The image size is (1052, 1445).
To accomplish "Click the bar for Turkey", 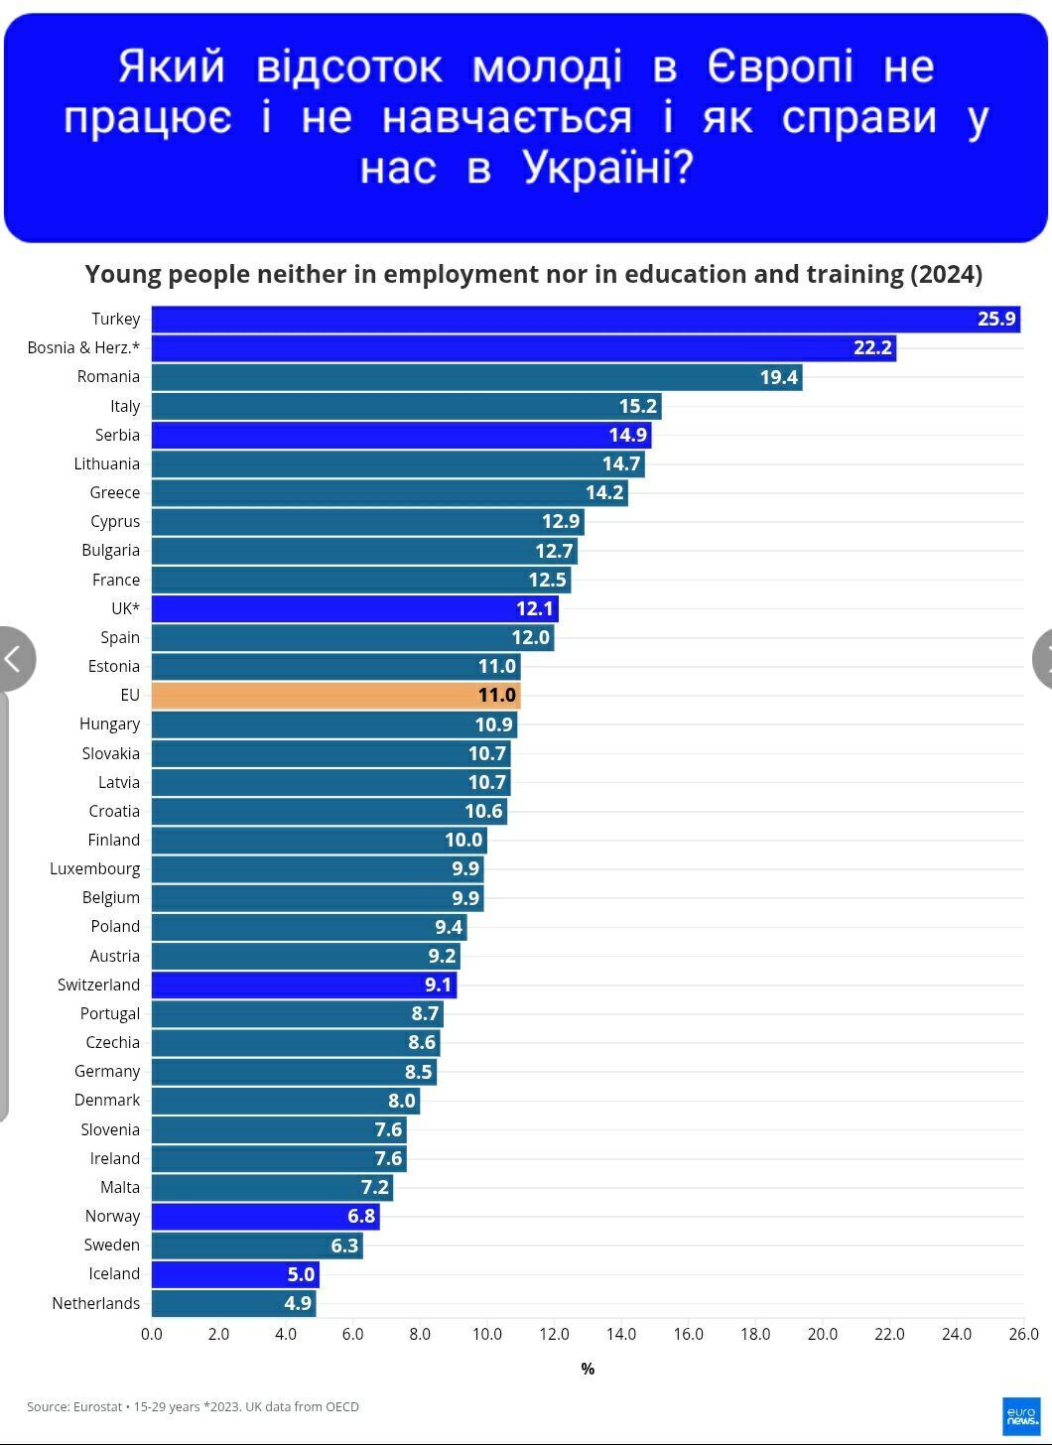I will point(586,319).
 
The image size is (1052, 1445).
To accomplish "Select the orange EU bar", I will point(335,696).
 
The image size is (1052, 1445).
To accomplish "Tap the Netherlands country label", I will point(96,1303).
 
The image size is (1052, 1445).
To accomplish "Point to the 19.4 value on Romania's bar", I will point(779,377).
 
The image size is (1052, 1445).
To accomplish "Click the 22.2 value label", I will point(872,347).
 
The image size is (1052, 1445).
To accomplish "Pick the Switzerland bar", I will point(304,985).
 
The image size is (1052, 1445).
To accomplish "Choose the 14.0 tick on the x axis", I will point(621,1334).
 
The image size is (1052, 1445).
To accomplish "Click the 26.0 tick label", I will point(1023,1334).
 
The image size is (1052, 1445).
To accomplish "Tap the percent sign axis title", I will point(588,1369).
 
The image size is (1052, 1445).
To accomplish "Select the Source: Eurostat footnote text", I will point(193,1406).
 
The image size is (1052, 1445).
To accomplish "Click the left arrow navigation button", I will point(14,658).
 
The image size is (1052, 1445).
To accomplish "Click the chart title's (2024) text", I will point(946,274).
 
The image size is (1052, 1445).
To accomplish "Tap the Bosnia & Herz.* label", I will point(83,347).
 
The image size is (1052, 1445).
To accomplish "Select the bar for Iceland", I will point(235,1274).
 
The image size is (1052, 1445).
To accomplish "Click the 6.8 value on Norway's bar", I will point(361,1216).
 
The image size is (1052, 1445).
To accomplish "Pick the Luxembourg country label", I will point(95,868).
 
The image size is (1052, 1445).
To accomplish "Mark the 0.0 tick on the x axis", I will point(152,1334).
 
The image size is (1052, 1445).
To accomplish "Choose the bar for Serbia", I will point(401,435).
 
